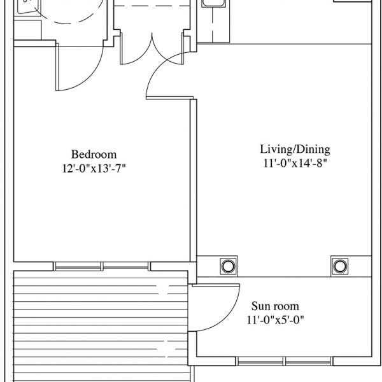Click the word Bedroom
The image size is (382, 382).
pyautogui.click(x=94, y=155)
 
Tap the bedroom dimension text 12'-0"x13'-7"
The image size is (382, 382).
pyautogui.click(x=94, y=168)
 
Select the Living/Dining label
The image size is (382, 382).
pyautogui.click(x=295, y=150)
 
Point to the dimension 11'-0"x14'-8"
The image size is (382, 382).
pyautogui.click(x=295, y=163)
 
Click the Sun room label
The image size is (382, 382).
pyautogui.click(x=275, y=306)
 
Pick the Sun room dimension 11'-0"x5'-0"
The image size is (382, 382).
pyautogui.click(x=276, y=320)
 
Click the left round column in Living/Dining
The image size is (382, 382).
pyautogui.click(x=229, y=266)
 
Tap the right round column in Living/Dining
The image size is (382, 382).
pyautogui.click(x=339, y=266)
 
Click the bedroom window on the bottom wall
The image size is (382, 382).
pyautogui.click(x=102, y=267)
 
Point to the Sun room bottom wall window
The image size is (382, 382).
pyautogui.click(x=284, y=361)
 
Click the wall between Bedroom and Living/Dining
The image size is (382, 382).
pyautogui.click(x=193, y=180)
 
